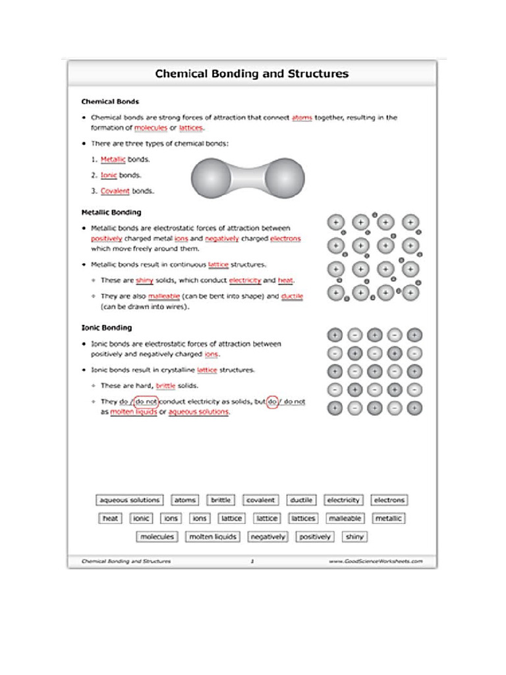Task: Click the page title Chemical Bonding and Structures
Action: point(252,74)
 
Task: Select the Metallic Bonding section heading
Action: point(111,213)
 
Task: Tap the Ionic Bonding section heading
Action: point(106,328)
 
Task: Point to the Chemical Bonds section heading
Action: point(109,102)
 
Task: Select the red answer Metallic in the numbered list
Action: point(113,160)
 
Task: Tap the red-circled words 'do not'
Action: point(145,401)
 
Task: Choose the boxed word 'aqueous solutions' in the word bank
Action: point(130,500)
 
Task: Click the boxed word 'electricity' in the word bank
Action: point(343,500)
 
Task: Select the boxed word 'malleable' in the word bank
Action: point(345,519)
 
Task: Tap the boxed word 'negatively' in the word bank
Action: point(268,537)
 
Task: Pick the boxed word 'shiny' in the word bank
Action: point(354,537)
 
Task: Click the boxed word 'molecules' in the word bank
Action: point(157,537)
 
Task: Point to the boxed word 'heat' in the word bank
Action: point(110,519)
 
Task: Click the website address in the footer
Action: point(375,562)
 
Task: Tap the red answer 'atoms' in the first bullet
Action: point(302,118)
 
